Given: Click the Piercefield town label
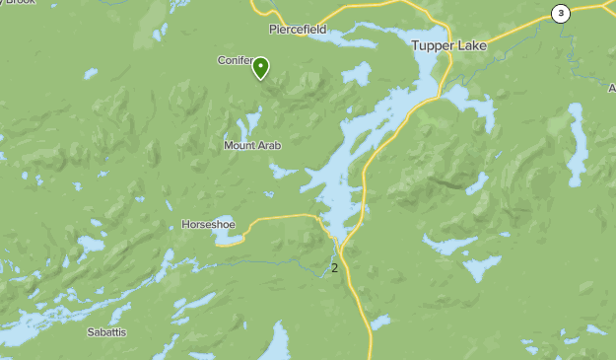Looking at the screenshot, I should (x=297, y=30).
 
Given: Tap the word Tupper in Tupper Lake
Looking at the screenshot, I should (x=432, y=45).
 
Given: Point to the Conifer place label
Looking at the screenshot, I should (x=235, y=60).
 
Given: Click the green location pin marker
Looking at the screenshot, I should (x=261, y=68).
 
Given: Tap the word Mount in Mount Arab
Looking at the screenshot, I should (x=240, y=146).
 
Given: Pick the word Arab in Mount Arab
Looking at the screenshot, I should (x=270, y=146).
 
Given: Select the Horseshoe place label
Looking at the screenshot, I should (x=208, y=225).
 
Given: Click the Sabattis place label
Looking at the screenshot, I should (x=106, y=332).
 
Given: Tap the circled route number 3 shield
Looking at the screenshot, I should (x=561, y=13).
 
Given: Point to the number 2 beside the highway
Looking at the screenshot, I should (x=335, y=267).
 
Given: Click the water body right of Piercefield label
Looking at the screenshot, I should (x=355, y=39).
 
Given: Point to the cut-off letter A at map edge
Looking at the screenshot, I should (x=612, y=88).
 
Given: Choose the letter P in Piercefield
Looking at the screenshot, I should (x=273, y=30).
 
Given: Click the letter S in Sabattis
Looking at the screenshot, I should (x=90, y=332).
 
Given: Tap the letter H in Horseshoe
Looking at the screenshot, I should (x=185, y=225).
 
